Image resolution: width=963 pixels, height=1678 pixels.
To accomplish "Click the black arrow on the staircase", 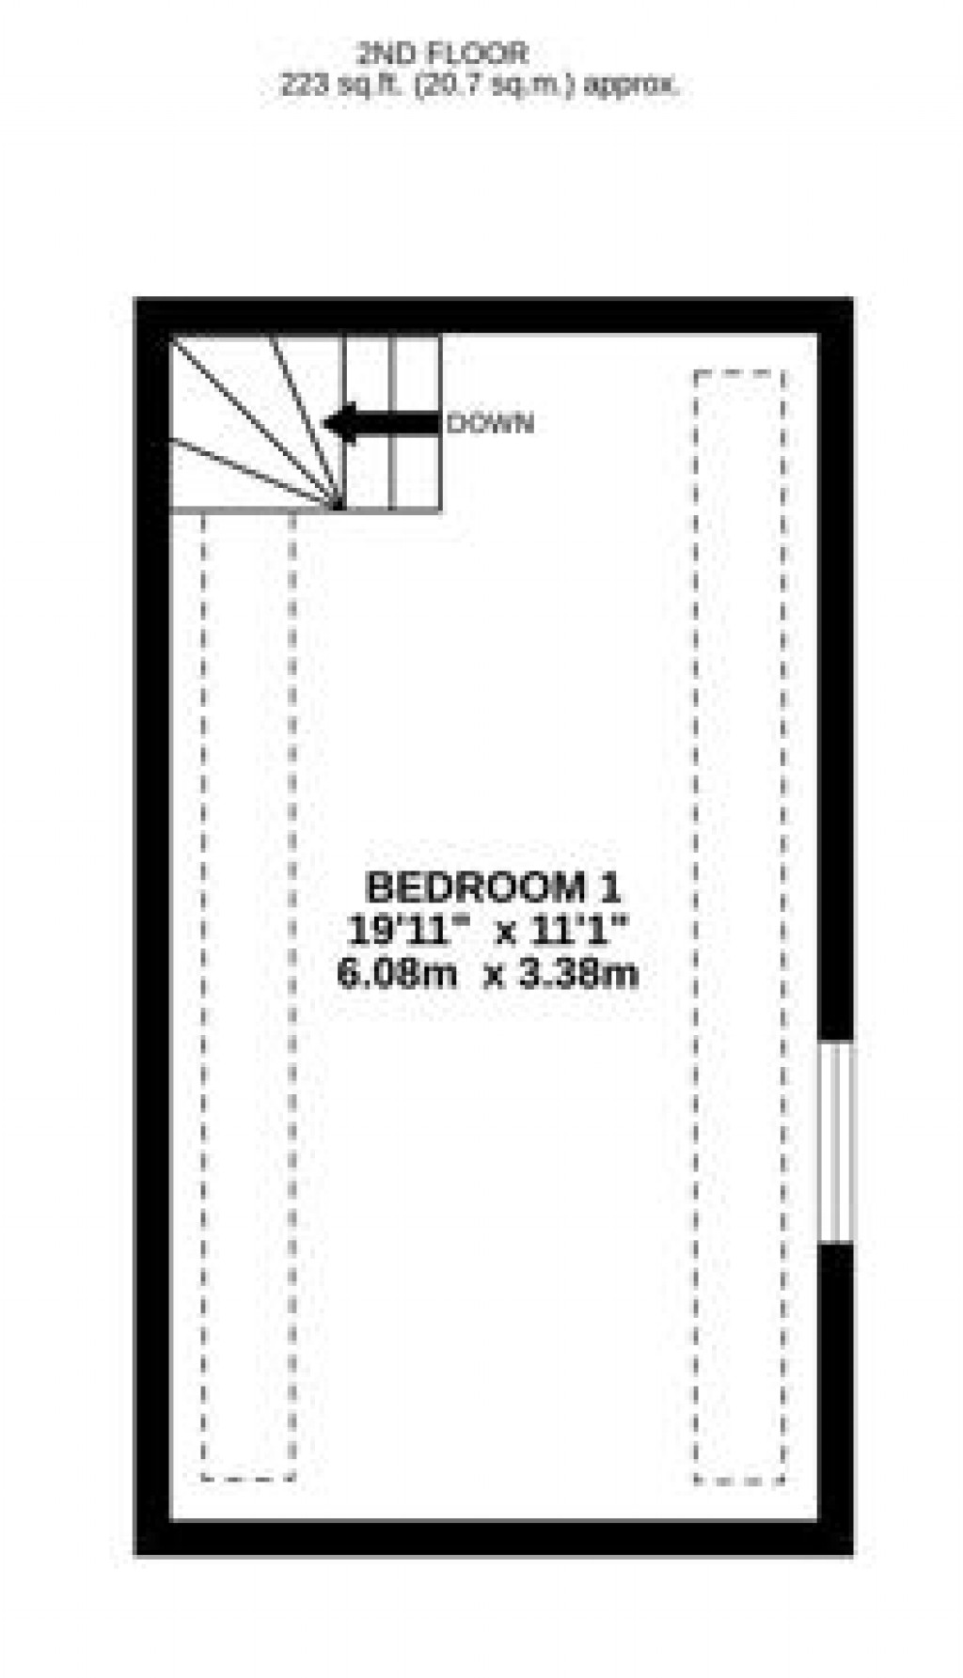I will (x=381, y=423).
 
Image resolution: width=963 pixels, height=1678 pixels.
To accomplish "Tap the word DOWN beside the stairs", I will (x=490, y=424).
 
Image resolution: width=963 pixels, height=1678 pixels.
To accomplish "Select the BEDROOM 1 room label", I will (x=493, y=887).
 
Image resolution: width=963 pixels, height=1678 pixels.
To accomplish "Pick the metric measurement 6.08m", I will (x=396, y=973).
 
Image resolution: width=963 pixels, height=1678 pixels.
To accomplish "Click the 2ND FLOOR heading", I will (x=442, y=54).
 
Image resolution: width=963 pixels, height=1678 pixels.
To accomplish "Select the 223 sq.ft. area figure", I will (x=332, y=86).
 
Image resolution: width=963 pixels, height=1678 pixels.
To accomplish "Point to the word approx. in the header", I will (x=631, y=86).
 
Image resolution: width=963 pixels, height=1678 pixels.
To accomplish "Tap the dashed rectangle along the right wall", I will (x=739, y=926).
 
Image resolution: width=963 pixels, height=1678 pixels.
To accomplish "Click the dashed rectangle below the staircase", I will (x=248, y=996).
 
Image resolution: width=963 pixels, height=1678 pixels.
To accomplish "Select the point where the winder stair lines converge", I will (x=339, y=508).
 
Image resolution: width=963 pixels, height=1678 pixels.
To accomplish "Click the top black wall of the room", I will (x=494, y=315).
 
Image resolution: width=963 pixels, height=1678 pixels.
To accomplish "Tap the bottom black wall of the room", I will (x=494, y=1538).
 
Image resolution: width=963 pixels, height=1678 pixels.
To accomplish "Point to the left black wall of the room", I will (x=152, y=926).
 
